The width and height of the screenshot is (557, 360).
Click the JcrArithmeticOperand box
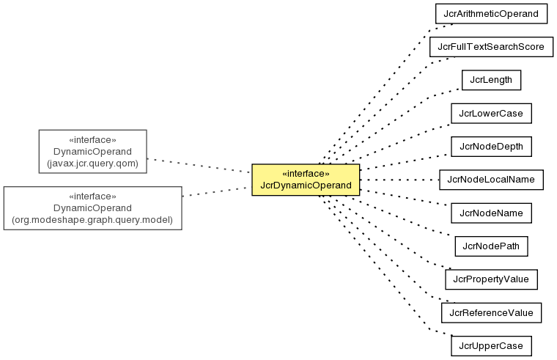[x=491, y=14]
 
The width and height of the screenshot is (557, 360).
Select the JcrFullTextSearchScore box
[x=491, y=47]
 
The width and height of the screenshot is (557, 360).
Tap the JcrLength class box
[x=491, y=80]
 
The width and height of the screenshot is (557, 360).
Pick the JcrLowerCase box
[x=491, y=114]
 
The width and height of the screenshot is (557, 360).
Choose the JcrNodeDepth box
[x=491, y=147]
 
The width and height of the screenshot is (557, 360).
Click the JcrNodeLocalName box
[x=491, y=180]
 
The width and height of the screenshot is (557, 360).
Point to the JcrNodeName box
[x=491, y=213]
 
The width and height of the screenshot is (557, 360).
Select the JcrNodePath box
[x=491, y=246]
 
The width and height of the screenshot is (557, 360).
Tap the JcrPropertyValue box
[x=491, y=279]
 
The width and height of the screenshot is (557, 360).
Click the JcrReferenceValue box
[x=491, y=313]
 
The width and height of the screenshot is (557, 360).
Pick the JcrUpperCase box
[x=491, y=346]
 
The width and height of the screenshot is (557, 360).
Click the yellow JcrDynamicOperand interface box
[x=306, y=180]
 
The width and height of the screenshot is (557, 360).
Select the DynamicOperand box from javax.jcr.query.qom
[x=93, y=151]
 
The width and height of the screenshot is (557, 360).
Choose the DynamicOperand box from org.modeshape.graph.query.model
[x=93, y=208]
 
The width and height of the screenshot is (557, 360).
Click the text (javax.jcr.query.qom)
[x=93, y=164]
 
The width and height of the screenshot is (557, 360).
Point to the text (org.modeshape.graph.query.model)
[x=93, y=220]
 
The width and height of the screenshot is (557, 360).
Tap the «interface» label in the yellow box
[x=306, y=174]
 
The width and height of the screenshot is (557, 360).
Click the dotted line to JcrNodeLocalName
[x=399, y=180]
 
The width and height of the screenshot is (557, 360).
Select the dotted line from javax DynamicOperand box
[x=199, y=166]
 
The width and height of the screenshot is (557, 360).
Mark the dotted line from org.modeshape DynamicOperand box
[x=217, y=191]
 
